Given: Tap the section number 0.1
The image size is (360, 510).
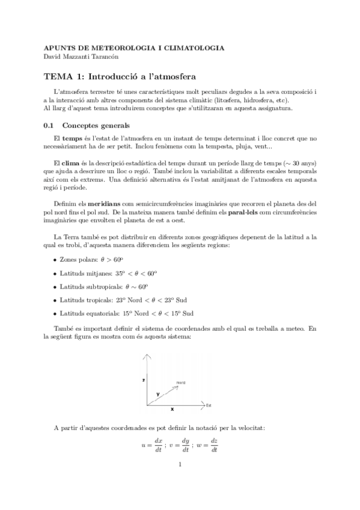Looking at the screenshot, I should [49, 125].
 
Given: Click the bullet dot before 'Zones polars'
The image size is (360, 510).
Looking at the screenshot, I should [55, 260].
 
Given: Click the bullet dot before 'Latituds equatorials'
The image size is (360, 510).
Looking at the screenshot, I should [55, 313].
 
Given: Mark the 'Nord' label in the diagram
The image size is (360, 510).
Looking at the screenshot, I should [181, 382].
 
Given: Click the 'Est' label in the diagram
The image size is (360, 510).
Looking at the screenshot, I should [209, 405].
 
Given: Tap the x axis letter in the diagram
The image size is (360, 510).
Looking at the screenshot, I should [172, 410].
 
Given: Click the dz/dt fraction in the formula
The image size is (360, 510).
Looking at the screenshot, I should [213, 445].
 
